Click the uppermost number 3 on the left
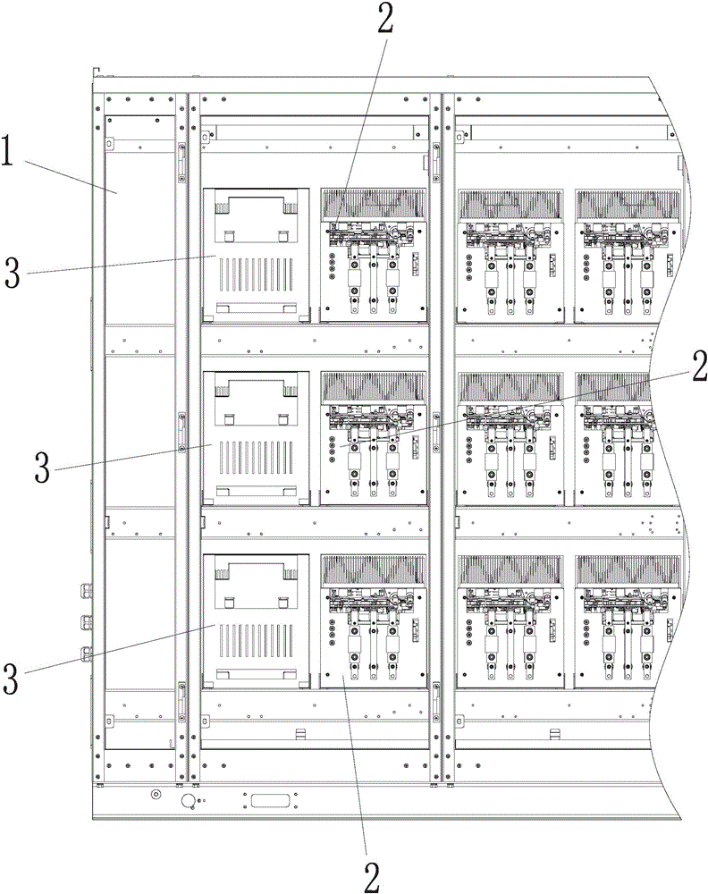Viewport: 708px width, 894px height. point(15,274)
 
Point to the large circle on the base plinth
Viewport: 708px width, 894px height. point(189,801)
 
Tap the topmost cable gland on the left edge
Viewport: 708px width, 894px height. point(88,591)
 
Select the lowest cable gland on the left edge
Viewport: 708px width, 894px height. point(88,654)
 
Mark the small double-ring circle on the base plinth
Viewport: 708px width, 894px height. point(156,794)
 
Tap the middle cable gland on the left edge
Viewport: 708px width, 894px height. point(88,621)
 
